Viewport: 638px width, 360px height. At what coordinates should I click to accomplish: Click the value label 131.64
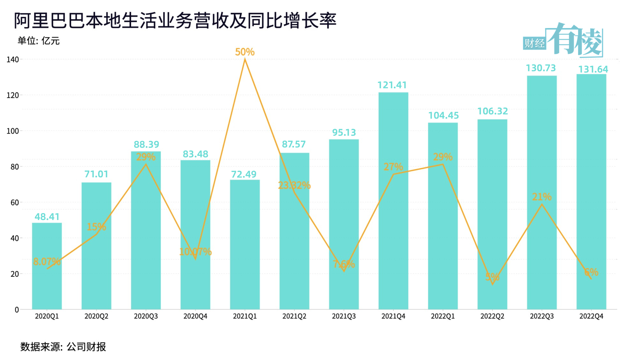593,69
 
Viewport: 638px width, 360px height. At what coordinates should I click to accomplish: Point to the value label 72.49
244,174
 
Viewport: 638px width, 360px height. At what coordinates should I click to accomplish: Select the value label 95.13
344,133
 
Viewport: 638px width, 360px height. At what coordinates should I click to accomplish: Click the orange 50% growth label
245,52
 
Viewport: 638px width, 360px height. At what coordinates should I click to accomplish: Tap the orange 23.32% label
294,185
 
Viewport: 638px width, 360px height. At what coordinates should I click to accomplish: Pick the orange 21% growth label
542,197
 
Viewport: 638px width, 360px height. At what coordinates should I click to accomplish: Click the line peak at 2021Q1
245,59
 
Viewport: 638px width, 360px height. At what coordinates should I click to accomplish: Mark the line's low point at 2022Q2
492,284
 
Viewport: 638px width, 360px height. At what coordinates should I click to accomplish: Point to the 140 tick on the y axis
13,59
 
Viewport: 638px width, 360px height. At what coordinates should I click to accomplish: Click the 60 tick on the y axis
15,203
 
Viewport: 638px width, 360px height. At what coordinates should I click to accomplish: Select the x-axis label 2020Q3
146,316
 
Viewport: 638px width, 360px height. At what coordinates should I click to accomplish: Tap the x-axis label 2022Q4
591,316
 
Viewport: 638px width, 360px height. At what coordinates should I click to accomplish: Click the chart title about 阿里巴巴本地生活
175,21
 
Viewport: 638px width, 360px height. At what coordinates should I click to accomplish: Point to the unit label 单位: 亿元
39,41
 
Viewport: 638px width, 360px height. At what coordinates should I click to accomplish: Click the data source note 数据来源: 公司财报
63,347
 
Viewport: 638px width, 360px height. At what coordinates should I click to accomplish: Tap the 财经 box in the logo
534,43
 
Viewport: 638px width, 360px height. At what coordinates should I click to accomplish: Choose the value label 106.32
492,111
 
